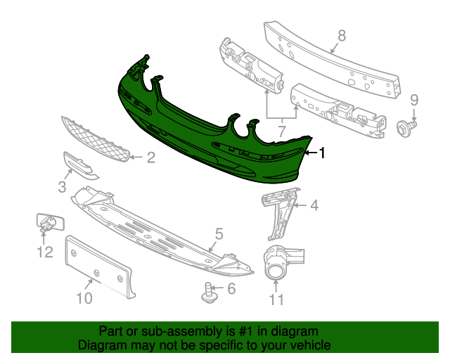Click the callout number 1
coord(322,153)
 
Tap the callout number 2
coord(151,157)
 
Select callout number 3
coord(62,187)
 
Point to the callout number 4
coord(314,205)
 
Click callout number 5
coord(219,233)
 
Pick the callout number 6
coord(231,288)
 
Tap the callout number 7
coord(282,131)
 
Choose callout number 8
coord(342,36)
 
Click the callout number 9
coord(414,100)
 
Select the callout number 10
coord(84,298)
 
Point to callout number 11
coord(276,300)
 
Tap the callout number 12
coord(45,252)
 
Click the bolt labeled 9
coord(406,128)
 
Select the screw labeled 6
coord(210,293)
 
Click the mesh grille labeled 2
coord(96,139)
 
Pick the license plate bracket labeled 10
coord(100,266)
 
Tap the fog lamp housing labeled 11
coord(283,262)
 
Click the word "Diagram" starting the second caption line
coord(98,345)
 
